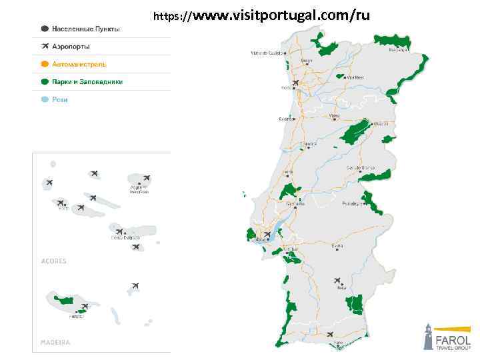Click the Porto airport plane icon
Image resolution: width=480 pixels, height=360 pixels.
(295, 83)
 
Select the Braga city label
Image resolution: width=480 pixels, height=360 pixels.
(306, 61)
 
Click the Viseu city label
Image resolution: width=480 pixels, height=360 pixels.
(334, 115)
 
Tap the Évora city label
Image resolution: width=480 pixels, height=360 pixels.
(337, 245)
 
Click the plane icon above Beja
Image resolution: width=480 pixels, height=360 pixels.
(337, 281)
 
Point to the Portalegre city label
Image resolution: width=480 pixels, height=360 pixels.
(352, 203)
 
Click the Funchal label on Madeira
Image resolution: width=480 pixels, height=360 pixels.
(77, 317)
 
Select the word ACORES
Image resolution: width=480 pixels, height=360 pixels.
(54, 261)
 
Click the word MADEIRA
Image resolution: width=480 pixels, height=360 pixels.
(55, 342)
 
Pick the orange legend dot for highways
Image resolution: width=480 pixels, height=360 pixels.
(45, 65)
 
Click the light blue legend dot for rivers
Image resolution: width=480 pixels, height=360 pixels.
(45, 100)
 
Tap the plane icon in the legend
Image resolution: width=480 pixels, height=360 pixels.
(45, 47)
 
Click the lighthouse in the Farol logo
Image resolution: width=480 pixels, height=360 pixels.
(428, 337)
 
